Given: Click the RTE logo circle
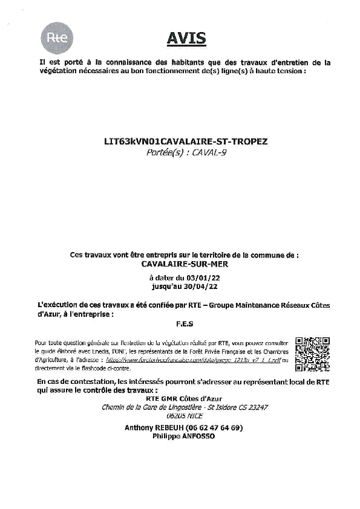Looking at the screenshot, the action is point(57,37).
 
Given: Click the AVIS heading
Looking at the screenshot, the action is point(186,39).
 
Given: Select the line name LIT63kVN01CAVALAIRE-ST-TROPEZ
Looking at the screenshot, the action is point(186,141).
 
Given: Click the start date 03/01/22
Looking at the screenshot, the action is point(197,277).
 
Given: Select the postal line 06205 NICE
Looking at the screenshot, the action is point(184,416).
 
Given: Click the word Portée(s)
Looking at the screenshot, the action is point(164,153).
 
